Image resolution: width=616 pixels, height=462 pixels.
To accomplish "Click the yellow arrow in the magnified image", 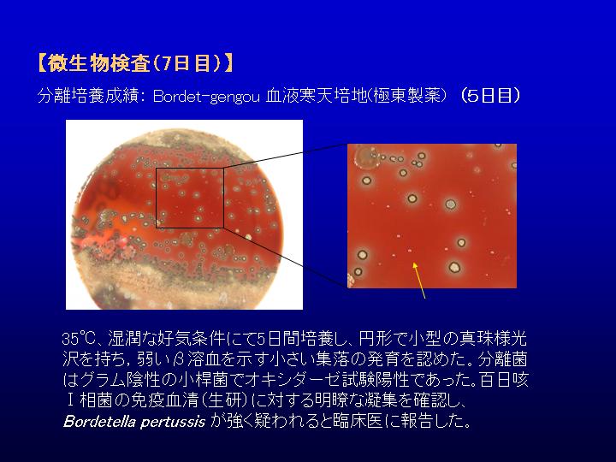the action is (x=418, y=281).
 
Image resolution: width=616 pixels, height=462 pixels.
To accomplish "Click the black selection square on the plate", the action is (x=157, y=198).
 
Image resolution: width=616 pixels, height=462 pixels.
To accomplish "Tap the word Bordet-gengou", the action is (x=206, y=96).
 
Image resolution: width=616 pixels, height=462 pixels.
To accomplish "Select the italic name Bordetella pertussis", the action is (x=134, y=422).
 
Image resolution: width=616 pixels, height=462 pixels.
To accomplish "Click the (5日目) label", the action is (x=491, y=96).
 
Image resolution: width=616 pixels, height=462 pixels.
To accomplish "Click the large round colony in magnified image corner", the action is (x=366, y=157).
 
